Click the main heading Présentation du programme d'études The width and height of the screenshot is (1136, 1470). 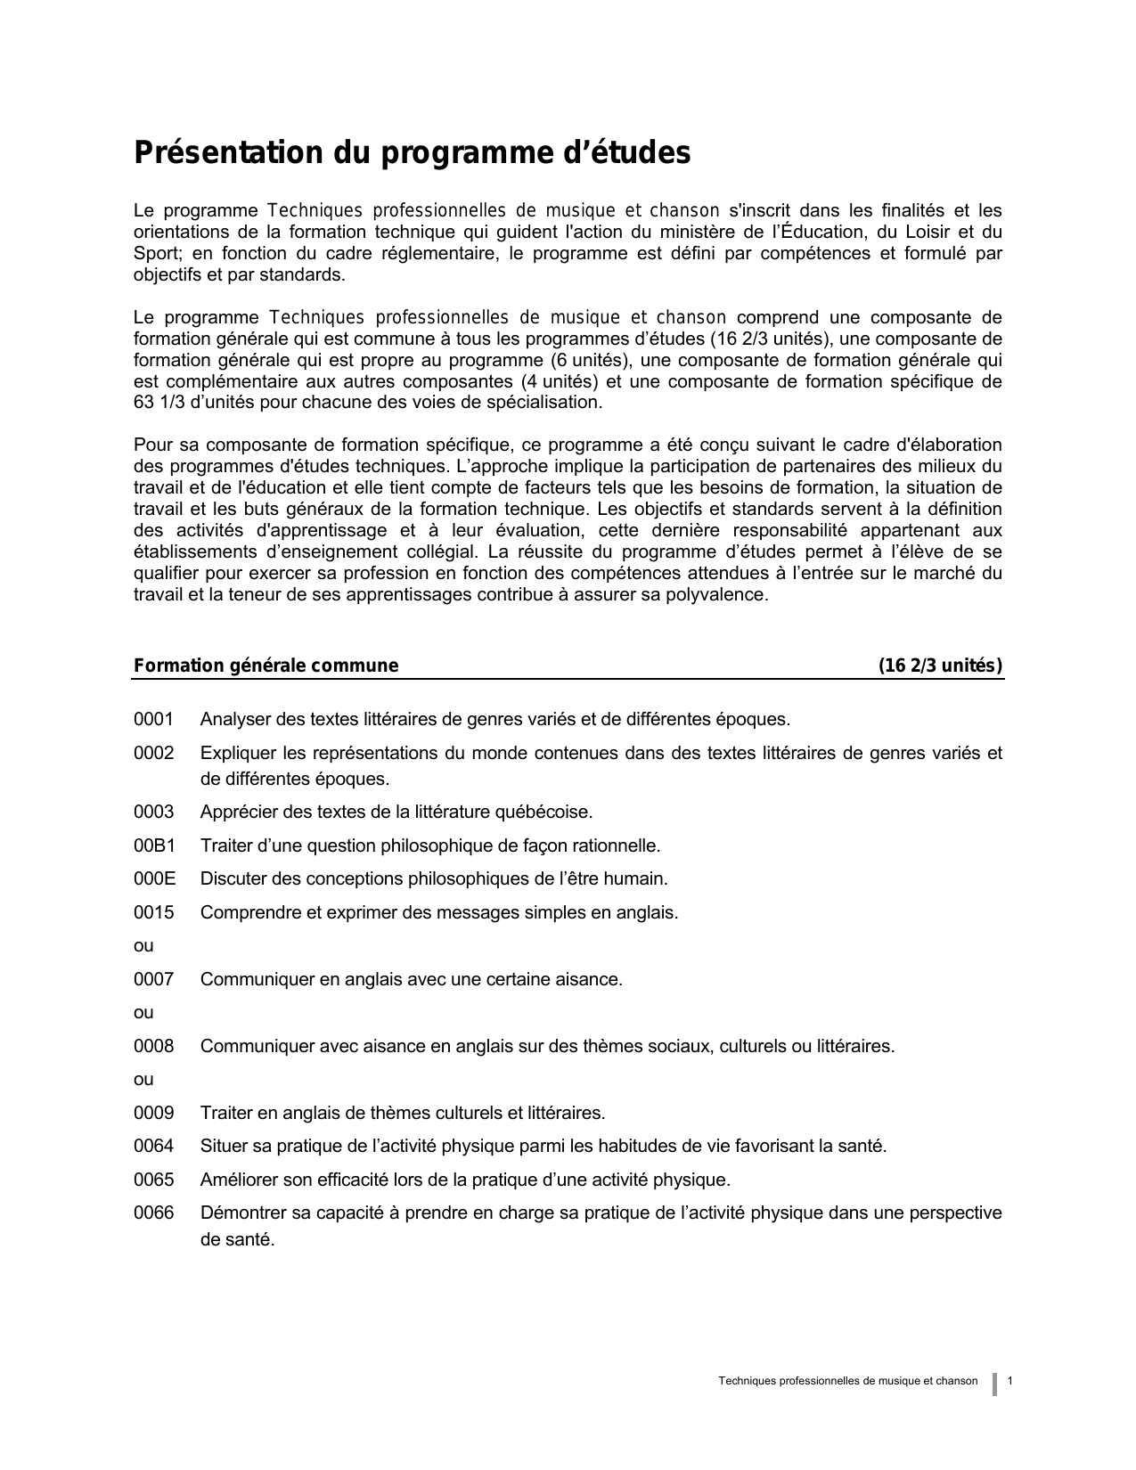click(x=412, y=153)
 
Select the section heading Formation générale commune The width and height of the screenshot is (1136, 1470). click(x=266, y=666)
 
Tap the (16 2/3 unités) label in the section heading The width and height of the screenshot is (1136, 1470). click(x=940, y=666)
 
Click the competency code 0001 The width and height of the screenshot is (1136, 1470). click(x=153, y=719)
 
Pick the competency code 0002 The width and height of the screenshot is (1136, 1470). click(x=153, y=753)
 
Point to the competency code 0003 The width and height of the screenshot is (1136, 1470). click(x=153, y=812)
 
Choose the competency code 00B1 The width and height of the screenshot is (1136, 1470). click(x=154, y=845)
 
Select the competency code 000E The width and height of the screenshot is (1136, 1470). click(x=154, y=878)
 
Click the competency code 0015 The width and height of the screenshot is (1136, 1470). click(x=153, y=912)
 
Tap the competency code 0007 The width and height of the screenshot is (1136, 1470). click(x=153, y=979)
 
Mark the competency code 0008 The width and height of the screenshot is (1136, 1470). click(x=153, y=1046)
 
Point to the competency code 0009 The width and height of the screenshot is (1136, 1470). click(x=153, y=1113)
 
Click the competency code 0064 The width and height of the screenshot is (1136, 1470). click(x=153, y=1146)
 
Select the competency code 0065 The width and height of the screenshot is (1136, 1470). click(x=153, y=1180)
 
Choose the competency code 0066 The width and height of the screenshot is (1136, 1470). click(x=153, y=1213)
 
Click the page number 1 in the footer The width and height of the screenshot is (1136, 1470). click(x=1010, y=1381)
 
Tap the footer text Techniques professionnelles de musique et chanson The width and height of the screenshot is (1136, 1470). click(x=847, y=1381)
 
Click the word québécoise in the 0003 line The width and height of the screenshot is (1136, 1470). click(x=546, y=812)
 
